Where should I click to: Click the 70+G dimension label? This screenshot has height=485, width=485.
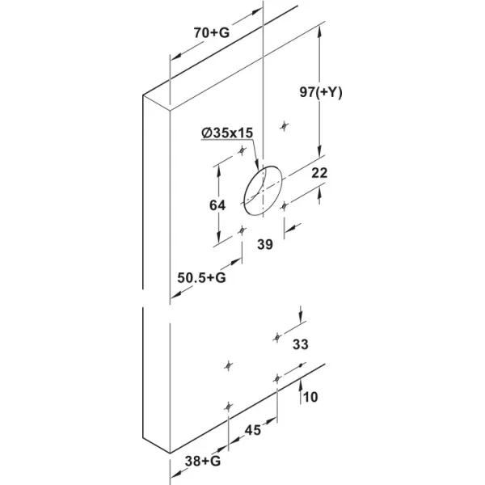tap(212, 32)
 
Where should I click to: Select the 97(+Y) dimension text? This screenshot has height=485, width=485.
tap(321, 92)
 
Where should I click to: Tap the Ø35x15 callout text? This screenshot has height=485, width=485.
tap(227, 133)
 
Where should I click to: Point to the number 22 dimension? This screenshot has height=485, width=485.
tap(319, 173)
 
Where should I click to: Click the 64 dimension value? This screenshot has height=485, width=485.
tap(217, 205)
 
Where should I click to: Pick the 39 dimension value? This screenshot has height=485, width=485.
tap(265, 245)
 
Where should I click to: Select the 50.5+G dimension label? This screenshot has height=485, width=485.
tap(201, 278)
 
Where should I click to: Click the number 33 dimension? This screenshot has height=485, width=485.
tap(301, 344)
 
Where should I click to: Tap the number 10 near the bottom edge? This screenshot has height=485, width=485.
tap(310, 397)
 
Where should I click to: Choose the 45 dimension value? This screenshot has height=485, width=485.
tap(253, 430)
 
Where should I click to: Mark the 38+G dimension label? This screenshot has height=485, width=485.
tap(203, 462)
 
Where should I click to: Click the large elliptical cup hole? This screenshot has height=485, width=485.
tap(263, 190)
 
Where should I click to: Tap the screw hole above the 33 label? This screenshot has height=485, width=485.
tap(277, 337)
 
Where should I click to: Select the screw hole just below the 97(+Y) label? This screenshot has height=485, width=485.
tap(285, 126)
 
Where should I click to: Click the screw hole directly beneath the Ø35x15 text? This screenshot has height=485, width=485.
tap(242, 150)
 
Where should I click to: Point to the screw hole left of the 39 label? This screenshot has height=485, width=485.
tap(242, 230)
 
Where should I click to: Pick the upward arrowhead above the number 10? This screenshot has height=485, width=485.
tap(300, 385)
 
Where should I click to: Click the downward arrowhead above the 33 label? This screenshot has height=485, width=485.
tap(301, 318)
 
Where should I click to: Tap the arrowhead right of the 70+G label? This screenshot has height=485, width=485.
tap(257, 13)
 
